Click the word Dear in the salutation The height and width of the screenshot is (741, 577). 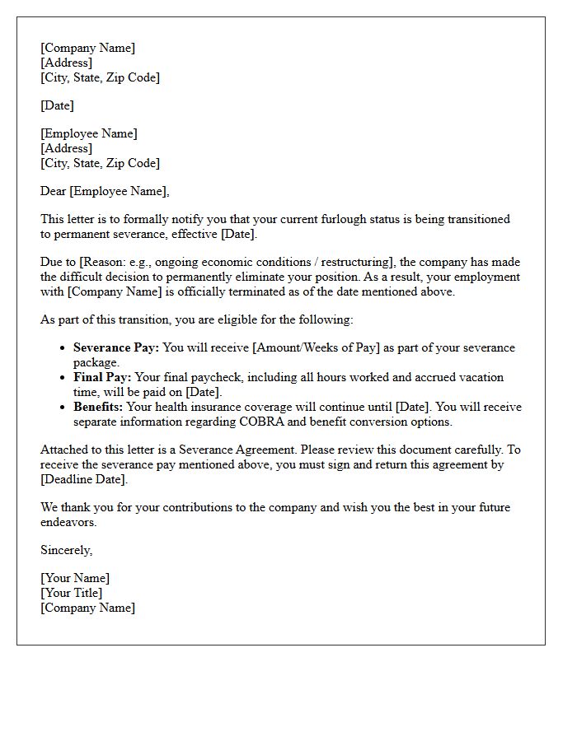54,191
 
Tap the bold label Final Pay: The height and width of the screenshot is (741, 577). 102,377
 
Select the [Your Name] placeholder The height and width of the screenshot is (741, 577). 75,578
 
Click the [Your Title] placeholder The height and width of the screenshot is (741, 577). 72,593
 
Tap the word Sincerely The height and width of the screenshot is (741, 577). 66,550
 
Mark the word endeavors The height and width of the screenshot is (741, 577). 68,522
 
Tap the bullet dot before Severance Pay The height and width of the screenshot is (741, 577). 63,348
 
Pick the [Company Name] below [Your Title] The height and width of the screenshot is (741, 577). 87,608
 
